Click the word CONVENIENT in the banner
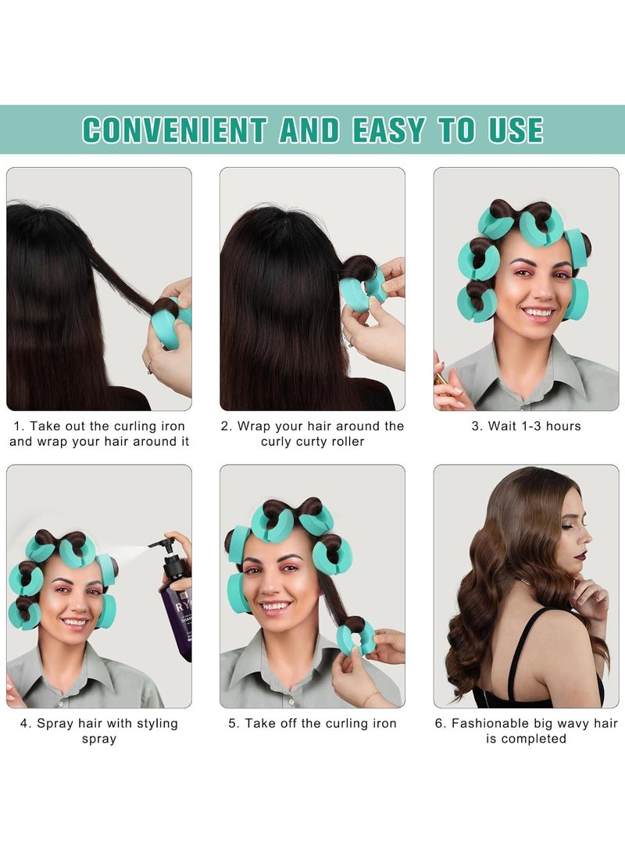(x=174, y=130)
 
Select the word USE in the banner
(x=516, y=130)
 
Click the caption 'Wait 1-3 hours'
(x=526, y=426)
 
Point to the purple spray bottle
(x=176, y=606)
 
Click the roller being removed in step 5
(x=355, y=637)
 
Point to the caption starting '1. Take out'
(x=99, y=434)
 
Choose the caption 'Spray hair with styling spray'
(x=99, y=731)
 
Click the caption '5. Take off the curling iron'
(x=312, y=724)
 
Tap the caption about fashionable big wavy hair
(x=526, y=731)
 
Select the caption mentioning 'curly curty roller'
(x=312, y=434)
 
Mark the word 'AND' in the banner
(x=309, y=130)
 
